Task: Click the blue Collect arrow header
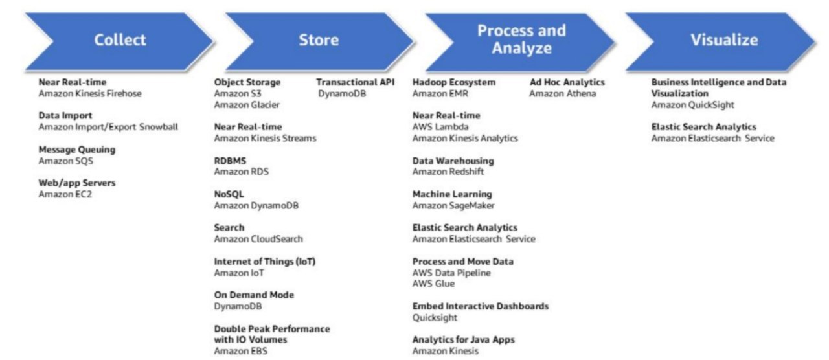click(x=120, y=40)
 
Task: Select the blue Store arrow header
click(x=318, y=40)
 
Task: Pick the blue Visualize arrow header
click(x=723, y=40)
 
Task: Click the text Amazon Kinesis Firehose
click(x=90, y=94)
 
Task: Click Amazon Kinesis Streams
click(x=265, y=138)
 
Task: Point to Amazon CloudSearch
click(x=258, y=239)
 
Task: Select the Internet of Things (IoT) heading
click(x=265, y=262)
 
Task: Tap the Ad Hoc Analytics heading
click(x=567, y=82)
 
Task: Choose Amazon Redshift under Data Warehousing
click(x=448, y=172)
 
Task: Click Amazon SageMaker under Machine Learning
click(x=453, y=205)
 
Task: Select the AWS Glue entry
click(x=434, y=284)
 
